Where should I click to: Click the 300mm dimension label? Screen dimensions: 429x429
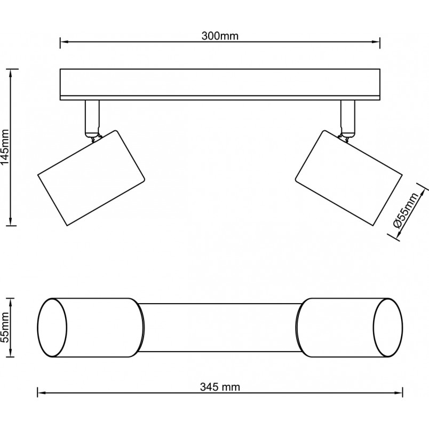point(220,36)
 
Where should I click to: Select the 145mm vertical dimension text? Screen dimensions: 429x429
point(5,147)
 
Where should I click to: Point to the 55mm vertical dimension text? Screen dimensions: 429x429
point(5,328)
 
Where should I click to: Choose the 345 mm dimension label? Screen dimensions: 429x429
point(220,387)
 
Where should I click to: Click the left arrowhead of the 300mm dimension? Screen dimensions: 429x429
point(63,42)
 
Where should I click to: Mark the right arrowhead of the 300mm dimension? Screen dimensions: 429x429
point(376,42)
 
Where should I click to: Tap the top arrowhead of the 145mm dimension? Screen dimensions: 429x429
point(11,73)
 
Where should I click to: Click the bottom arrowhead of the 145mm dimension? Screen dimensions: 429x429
point(11,222)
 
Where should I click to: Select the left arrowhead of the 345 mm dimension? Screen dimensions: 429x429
point(41,393)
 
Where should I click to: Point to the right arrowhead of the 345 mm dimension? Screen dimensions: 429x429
point(399,393)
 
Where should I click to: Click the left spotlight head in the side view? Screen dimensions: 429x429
point(91,178)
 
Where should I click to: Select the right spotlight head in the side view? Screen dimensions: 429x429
point(348,178)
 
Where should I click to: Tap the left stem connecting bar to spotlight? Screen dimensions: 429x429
point(92,118)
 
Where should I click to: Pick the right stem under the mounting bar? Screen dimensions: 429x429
point(347,118)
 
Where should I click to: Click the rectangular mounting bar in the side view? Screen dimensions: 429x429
point(220,84)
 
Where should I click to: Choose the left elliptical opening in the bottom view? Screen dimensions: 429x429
point(52,328)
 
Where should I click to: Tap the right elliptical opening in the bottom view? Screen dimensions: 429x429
point(388,328)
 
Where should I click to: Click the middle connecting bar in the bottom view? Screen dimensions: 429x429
point(220,328)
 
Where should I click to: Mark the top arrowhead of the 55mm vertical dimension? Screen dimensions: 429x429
point(11,302)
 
